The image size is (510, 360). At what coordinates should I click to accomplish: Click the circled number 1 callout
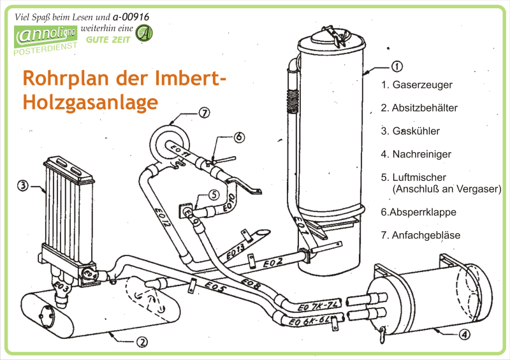tap(396, 66)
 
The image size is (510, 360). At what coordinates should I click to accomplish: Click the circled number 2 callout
tap(142, 342)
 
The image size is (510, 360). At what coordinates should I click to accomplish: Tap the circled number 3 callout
tap(22, 186)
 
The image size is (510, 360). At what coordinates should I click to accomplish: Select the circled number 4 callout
tap(465, 333)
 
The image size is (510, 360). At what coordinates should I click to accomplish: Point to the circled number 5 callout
tap(214, 194)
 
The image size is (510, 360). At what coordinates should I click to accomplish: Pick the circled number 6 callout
tap(238, 136)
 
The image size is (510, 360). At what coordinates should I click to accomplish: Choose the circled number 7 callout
tap(203, 113)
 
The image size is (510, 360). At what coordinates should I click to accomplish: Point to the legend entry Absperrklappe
tap(418, 212)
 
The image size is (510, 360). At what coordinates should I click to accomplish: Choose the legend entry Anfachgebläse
tap(420, 235)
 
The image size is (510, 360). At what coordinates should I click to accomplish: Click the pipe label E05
tap(216, 288)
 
